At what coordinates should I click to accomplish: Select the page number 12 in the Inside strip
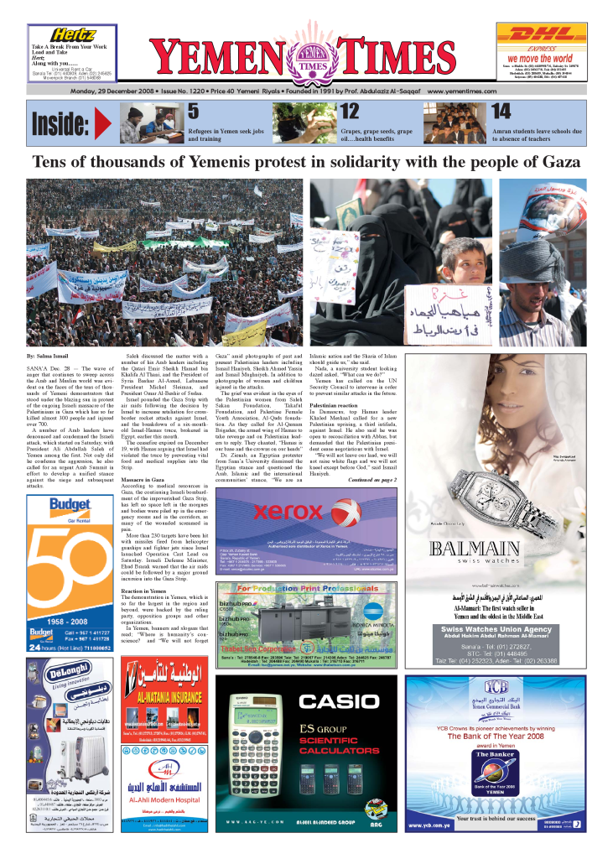[350, 112]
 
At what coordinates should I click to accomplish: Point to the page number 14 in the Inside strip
[501, 112]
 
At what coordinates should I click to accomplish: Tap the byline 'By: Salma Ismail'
[50, 358]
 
